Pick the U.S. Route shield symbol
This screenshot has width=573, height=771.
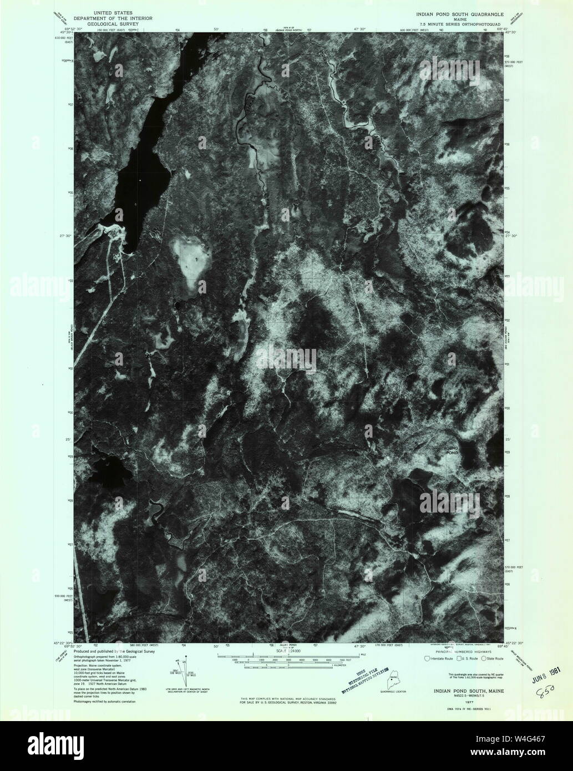click(457, 658)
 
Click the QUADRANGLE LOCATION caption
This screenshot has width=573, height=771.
click(393, 692)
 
